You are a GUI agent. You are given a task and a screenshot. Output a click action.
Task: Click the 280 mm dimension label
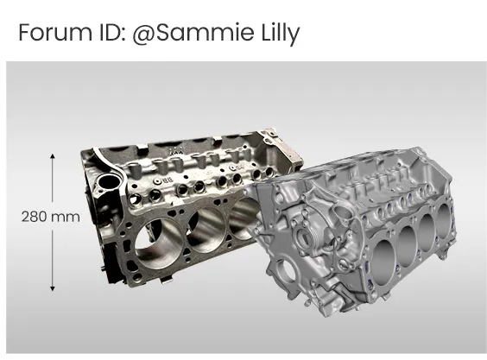click(51, 217)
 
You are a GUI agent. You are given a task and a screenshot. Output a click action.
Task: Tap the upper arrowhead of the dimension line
click(53, 156)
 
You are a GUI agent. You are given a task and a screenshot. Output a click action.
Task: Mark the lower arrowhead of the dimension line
click(53, 288)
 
